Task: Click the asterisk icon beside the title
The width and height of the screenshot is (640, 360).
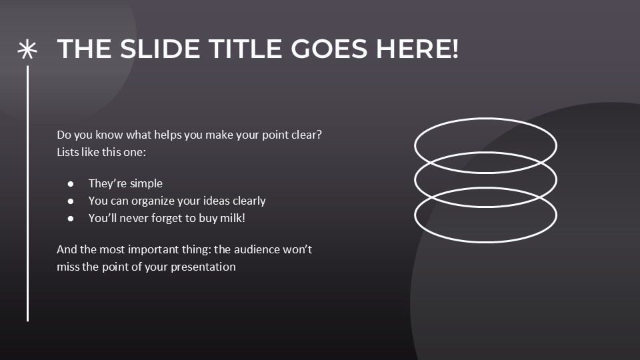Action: coord(27,49)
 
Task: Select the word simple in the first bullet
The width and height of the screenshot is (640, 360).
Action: coord(145,183)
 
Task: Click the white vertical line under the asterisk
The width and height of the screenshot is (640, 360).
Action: coord(27,193)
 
